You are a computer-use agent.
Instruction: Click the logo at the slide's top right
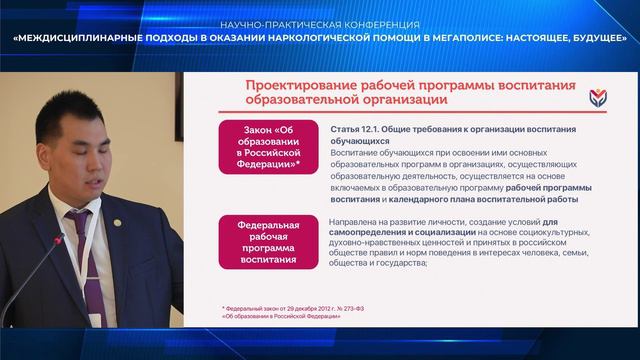pyautogui.click(x=598, y=98)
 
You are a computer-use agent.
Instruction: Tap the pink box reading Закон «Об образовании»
pyautogui.click(x=268, y=147)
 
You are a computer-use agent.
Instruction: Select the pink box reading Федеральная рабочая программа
pyautogui.click(x=268, y=242)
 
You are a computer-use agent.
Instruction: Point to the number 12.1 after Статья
pyautogui.click(x=369, y=129)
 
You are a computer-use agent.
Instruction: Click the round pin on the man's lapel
pyautogui.click(x=117, y=222)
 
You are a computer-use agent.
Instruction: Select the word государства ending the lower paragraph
pyautogui.click(x=403, y=263)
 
